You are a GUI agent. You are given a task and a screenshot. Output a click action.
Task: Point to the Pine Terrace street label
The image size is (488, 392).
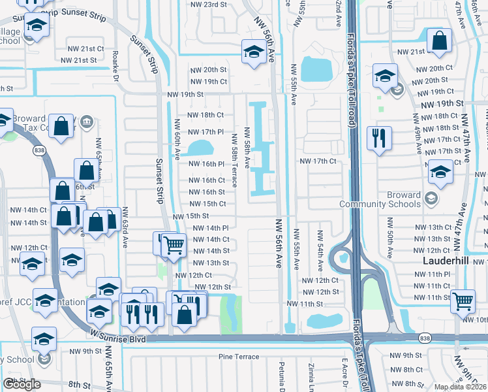click(239, 357)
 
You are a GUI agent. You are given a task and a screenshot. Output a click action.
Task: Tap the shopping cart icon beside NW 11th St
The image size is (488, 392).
click(463, 301)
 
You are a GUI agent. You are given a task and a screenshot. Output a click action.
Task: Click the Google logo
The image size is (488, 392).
click(22, 384)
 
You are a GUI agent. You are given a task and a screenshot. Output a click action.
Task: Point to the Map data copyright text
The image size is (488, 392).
click(461, 386)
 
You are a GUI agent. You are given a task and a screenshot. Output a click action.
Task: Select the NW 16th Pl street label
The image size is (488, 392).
click(207, 164)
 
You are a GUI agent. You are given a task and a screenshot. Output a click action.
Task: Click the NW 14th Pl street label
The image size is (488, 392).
click(211, 227)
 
